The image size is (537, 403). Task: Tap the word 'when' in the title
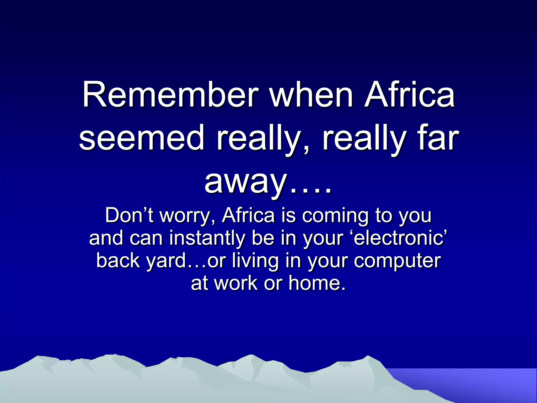(x=312, y=95)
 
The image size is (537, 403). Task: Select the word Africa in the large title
(x=409, y=95)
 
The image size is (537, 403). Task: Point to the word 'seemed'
(x=142, y=139)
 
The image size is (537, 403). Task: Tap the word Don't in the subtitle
(x=129, y=216)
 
